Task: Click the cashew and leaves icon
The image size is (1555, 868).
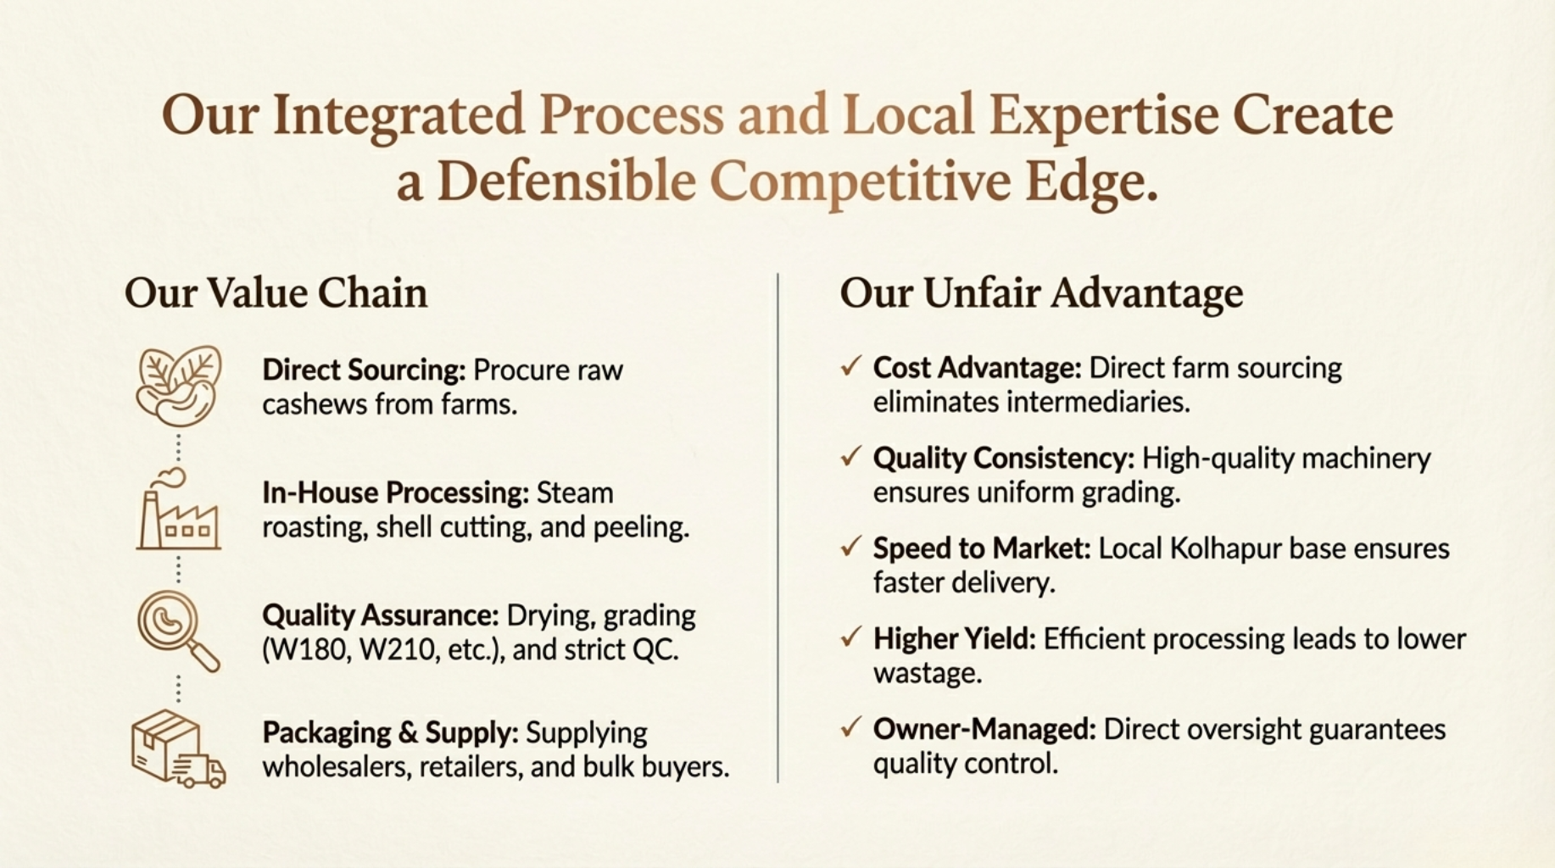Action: tap(179, 386)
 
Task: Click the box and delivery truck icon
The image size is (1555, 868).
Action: tap(179, 749)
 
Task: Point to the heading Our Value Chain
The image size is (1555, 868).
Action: tap(276, 293)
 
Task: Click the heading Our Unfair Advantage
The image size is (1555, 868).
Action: tap(1041, 293)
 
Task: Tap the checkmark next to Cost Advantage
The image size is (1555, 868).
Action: tap(850, 366)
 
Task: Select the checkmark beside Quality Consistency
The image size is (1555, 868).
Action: tap(850, 456)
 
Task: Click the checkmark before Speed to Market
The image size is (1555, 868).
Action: tap(850, 547)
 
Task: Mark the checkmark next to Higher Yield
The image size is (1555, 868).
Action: tap(850, 637)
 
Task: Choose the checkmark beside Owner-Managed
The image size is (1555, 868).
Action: tap(850, 727)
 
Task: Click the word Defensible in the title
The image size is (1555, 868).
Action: tap(566, 182)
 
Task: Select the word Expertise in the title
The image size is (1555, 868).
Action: tap(1104, 115)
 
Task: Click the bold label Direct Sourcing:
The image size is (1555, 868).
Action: tap(364, 370)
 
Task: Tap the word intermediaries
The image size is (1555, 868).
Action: tap(1097, 402)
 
